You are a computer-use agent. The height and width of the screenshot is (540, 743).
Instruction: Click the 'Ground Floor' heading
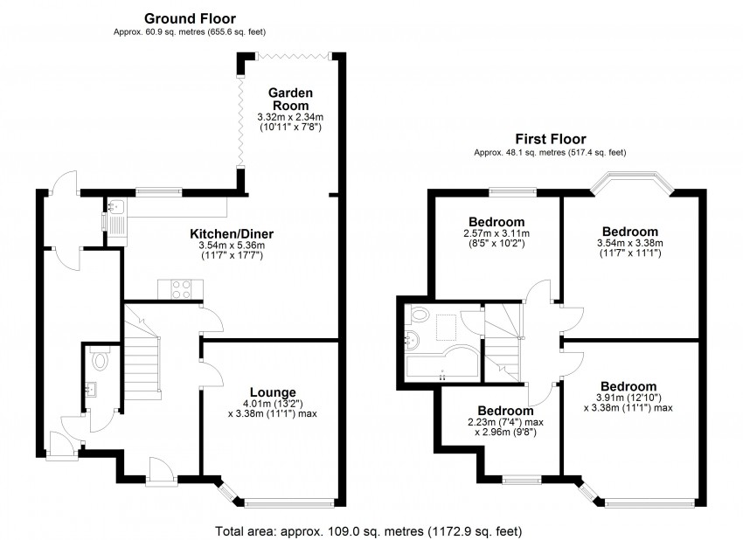(190, 17)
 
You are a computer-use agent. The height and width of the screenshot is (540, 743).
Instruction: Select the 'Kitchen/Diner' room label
(233, 233)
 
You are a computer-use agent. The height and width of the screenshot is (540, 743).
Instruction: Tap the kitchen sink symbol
(115, 209)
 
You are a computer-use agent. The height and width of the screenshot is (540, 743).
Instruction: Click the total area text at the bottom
(371, 530)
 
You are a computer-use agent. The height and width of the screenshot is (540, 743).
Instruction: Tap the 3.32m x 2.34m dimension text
(290, 117)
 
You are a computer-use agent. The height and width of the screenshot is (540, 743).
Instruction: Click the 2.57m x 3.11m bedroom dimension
(496, 234)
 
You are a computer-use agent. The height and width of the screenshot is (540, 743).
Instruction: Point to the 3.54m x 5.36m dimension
(233, 246)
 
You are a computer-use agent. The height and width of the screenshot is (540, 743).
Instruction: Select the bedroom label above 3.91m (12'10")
(628, 387)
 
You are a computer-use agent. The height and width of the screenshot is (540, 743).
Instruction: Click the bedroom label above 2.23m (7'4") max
(504, 411)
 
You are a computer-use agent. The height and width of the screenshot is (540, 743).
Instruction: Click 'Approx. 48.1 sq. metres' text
(549, 152)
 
